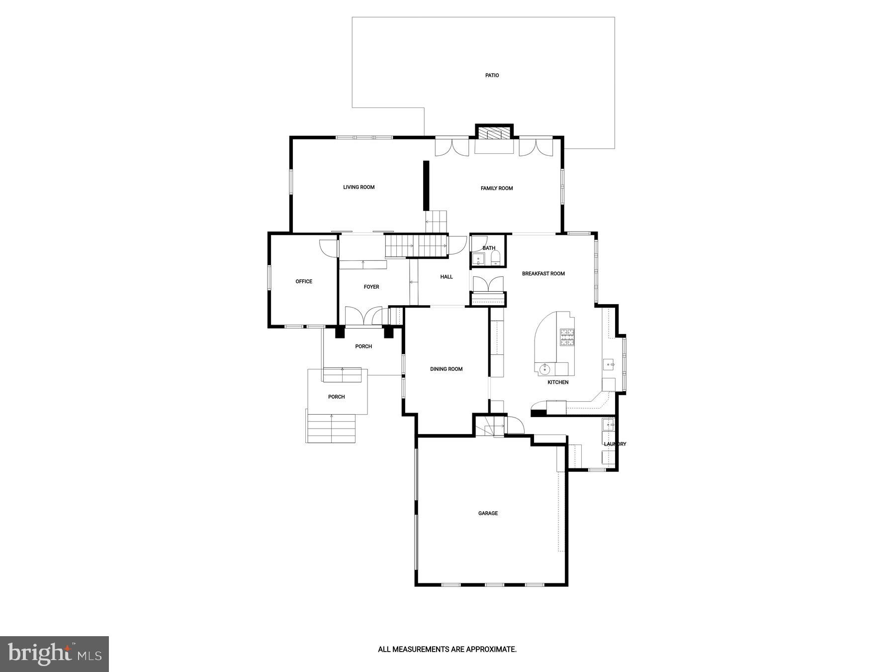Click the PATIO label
[x=492, y=76]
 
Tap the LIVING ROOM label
[x=358, y=187]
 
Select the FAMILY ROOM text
[x=496, y=188]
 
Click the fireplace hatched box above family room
[x=494, y=133]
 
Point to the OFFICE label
[x=304, y=282]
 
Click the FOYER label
[x=371, y=287]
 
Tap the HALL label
[x=446, y=277]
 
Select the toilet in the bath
[x=495, y=258]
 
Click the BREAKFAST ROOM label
[x=543, y=274]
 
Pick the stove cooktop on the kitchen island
[x=567, y=337]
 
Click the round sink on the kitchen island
[x=545, y=368]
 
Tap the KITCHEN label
[x=557, y=382]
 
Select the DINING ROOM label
[x=446, y=369]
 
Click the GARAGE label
[x=488, y=513]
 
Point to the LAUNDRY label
[x=615, y=444]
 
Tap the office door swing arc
[x=328, y=247]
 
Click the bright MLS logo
[x=54, y=654]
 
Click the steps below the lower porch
[x=331, y=428]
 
